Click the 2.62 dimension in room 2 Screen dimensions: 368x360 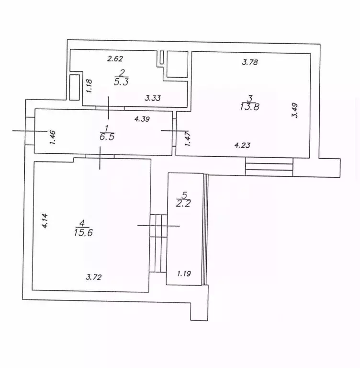[x=115, y=59]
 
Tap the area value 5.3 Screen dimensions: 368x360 [x=121, y=82]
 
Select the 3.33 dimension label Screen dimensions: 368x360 [x=153, y=98]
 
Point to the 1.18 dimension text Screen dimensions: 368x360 [x=89, y=87]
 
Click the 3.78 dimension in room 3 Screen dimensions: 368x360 [x=251, y=61]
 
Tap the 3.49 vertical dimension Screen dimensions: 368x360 [x=296, y=111]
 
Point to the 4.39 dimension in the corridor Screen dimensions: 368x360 [x=143, y=119]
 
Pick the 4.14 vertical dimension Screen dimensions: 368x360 [x=45, y=221]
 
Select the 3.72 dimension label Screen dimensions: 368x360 [x=94, y=276]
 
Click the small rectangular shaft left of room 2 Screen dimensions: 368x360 [x=75, y=87]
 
